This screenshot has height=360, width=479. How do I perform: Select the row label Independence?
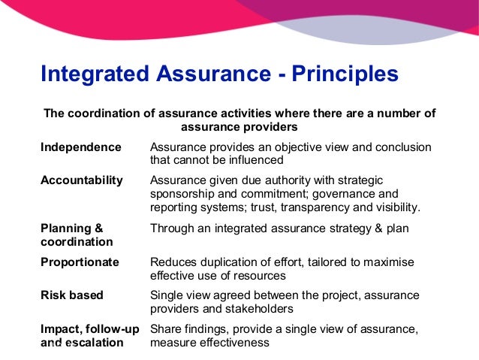pos(80,147)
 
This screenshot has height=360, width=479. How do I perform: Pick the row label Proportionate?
pos(80,262)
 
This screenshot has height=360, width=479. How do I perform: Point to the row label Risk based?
pos(71,295)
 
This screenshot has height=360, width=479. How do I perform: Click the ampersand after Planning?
pos(98,228)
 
